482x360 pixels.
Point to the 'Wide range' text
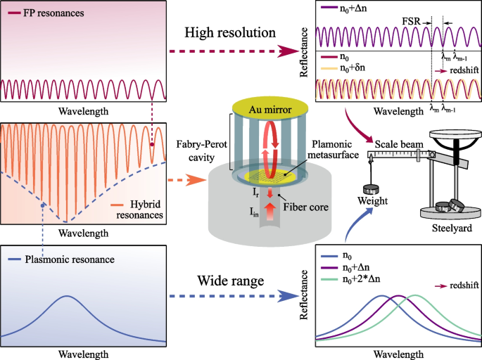pyautogui.click(x=224, y=281)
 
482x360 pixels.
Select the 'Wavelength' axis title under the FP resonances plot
pyautogui.click(x=84, y=111)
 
